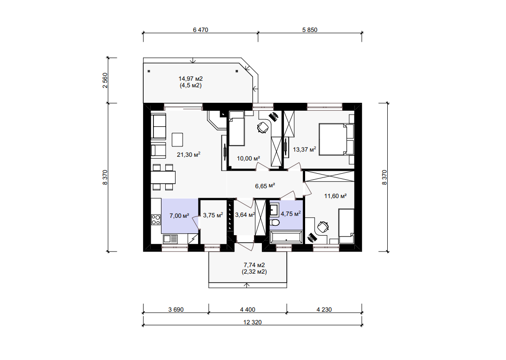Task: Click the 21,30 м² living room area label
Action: click(189, 154)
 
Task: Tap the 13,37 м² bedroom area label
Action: click(304, 149)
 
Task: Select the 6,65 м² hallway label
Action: click(265, 186)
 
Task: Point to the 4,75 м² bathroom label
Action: click(291, 214)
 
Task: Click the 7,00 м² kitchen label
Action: click(179, 215)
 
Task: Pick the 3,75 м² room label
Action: click(213, 215)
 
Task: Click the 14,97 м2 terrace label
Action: click(191, 79)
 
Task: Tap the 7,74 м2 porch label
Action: click(254, 265)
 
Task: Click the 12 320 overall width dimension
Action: click(253, 322)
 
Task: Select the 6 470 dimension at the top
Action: click(200, 30)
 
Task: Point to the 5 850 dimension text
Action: click(310, 30)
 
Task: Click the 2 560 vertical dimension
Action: click(105, 81)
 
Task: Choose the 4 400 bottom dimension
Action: click(247, 309)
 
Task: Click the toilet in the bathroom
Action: click(275, 222)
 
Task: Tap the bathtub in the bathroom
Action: click(286, 238)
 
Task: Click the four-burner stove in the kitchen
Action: click(156, 220)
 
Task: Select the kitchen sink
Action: click(170, 239)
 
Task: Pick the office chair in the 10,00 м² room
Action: click(263, 127)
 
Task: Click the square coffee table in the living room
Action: click(177, 139)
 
